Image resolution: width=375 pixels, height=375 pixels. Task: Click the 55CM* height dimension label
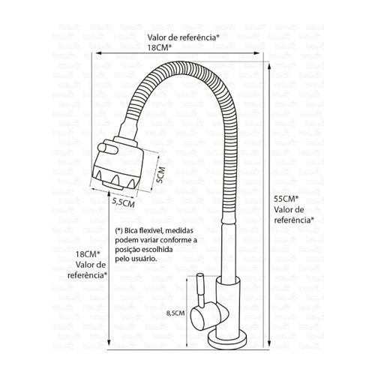pos(286,199)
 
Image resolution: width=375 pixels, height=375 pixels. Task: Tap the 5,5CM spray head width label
pos(123,202)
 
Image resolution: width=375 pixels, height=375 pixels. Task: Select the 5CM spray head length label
pos(160,175)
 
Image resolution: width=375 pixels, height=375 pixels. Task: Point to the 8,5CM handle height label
pos(175,313)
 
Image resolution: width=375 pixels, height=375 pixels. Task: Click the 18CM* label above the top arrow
pos(160,47)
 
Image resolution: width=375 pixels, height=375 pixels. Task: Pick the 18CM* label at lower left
pos(88,254)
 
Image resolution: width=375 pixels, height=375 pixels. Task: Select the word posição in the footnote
pos(127,250)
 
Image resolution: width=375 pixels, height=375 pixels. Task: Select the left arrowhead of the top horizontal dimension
pos(99,53)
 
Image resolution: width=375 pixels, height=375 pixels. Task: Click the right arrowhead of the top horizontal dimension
pos(256,53)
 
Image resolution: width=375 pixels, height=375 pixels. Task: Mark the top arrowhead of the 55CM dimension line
pos(269,67)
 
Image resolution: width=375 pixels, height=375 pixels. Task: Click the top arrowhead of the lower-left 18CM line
pos(109,193)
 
